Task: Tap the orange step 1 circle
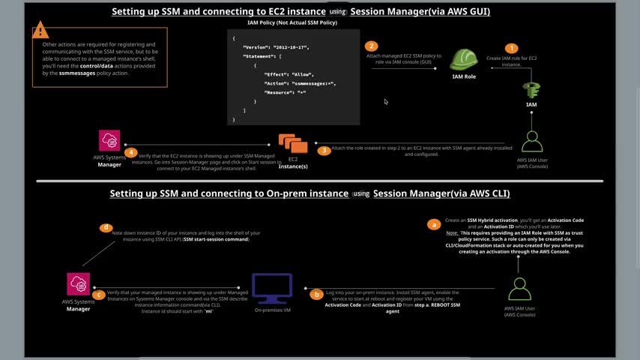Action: (x=513, y=49)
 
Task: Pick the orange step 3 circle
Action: (x=324, y=150)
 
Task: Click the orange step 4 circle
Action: (x=131, y=152)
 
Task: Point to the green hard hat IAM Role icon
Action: (x=464, y=59)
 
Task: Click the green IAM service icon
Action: (x=532, y=89)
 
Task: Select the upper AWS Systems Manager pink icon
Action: (x=109, y=141)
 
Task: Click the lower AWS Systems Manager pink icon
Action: (x=79, y=284)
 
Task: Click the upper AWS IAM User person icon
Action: (x=532, y=141)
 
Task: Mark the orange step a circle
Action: (x=432, y=223)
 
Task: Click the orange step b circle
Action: (x=317, y=294)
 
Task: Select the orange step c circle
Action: (x=99, y=295)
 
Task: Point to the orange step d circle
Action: (x=106, y=226)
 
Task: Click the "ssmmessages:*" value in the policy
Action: (x=314, y=83)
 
